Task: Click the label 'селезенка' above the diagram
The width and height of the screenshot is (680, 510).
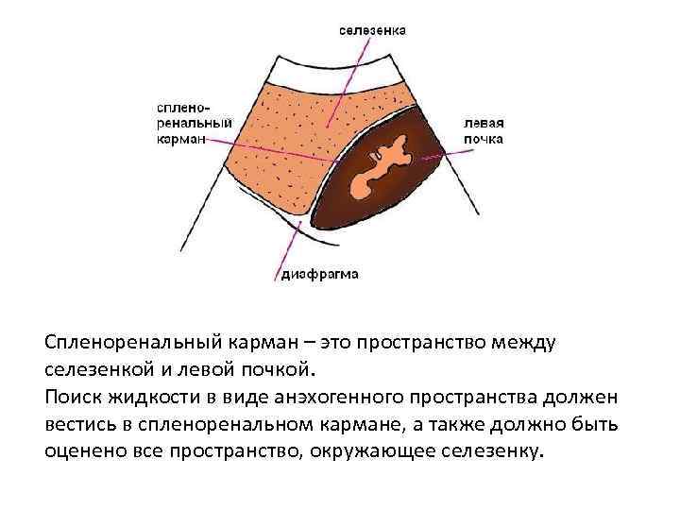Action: click(x=373, y=31)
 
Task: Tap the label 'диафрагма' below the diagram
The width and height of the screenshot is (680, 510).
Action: click(x=320, y=276)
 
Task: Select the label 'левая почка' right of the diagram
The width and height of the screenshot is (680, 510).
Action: click(x=483, y=130)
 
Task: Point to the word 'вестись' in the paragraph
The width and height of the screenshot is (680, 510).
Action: click(x=80, y=424)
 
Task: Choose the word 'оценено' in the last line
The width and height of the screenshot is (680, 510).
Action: click(x=83, y=451)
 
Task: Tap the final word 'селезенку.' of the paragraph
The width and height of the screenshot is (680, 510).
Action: click(x=489, y=451)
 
